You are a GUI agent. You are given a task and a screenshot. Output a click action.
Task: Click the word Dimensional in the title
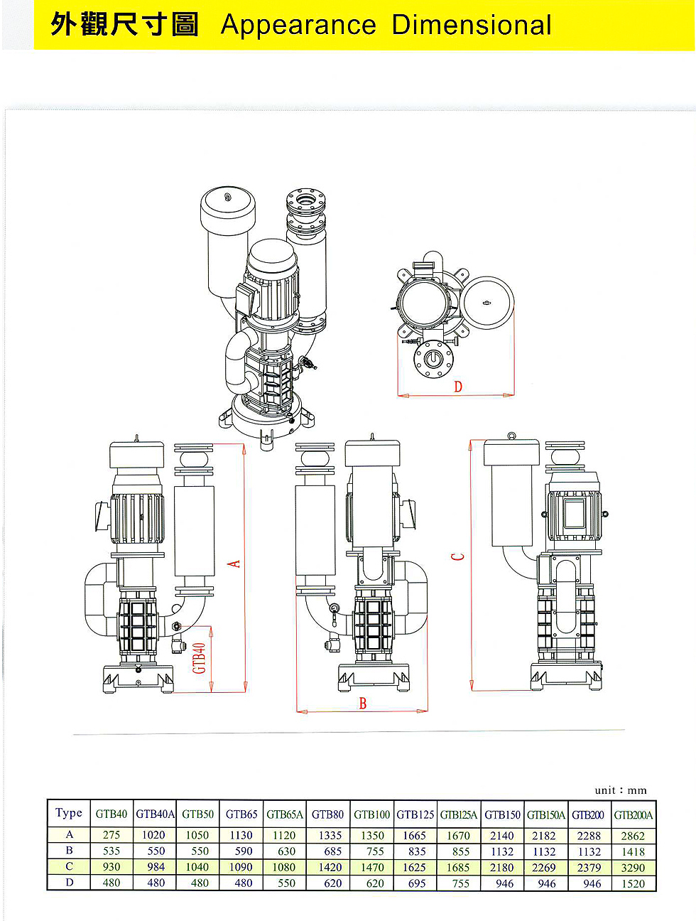click(x=472, y=24)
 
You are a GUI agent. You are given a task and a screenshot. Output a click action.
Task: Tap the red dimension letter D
click(x=458, y=387)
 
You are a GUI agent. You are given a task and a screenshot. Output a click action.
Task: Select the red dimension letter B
click(x=363, y=704)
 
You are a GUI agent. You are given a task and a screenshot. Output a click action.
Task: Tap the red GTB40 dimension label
click(x=200, y=657)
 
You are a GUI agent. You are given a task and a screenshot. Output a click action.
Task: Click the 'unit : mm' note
click(x=621, y=790)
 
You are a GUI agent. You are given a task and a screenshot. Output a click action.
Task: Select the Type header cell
click(x=69, y=813)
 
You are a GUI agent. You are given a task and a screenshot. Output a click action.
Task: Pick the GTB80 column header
click(x=327, y=814)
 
